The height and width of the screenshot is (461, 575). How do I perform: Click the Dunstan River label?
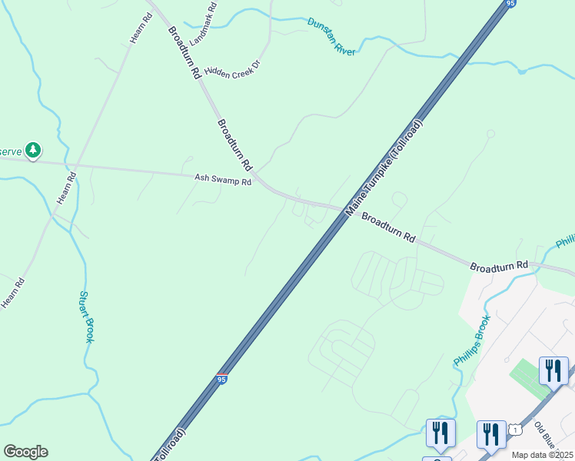(331, 36)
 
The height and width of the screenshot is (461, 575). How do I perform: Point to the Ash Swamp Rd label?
(223, 180)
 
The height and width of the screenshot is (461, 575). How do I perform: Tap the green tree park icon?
(32, 150)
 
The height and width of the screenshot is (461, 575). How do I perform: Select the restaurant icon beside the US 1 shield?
(491, 433)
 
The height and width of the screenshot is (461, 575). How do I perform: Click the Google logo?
(25, 452)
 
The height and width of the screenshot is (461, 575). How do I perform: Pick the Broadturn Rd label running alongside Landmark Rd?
(184, 52)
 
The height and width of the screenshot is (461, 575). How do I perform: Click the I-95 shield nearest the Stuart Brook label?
(222, 379)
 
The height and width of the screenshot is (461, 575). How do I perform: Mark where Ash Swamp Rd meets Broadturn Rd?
(264, 183)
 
